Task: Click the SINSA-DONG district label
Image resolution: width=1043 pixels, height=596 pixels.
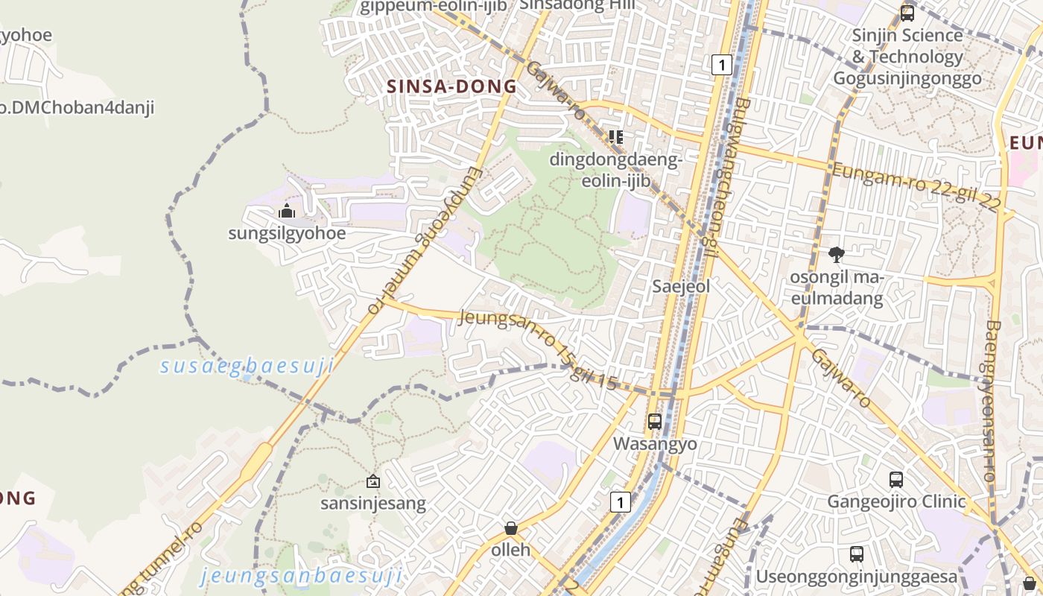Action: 451,86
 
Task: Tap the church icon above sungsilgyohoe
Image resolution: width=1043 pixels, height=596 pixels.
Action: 287,212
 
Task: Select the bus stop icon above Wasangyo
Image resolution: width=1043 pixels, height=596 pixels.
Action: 655,421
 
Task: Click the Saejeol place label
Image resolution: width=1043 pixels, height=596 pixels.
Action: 681,286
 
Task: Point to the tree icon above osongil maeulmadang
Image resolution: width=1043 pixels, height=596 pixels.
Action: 837,255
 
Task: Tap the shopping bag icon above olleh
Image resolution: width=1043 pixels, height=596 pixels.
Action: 511,528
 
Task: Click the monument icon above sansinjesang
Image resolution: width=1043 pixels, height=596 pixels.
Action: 373,481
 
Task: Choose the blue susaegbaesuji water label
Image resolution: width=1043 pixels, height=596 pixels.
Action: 247,366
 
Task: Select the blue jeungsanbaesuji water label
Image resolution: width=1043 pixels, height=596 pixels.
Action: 302,575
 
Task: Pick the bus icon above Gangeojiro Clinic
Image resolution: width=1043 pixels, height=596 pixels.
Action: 896,480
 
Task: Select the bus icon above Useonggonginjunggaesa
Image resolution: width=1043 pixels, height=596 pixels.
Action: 857,554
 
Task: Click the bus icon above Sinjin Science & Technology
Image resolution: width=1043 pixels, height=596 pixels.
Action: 907,13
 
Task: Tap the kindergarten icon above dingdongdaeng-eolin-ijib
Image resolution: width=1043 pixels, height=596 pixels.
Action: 615,136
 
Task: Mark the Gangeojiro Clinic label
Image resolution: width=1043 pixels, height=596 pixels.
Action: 896,501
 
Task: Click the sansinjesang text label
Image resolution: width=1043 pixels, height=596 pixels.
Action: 373,504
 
